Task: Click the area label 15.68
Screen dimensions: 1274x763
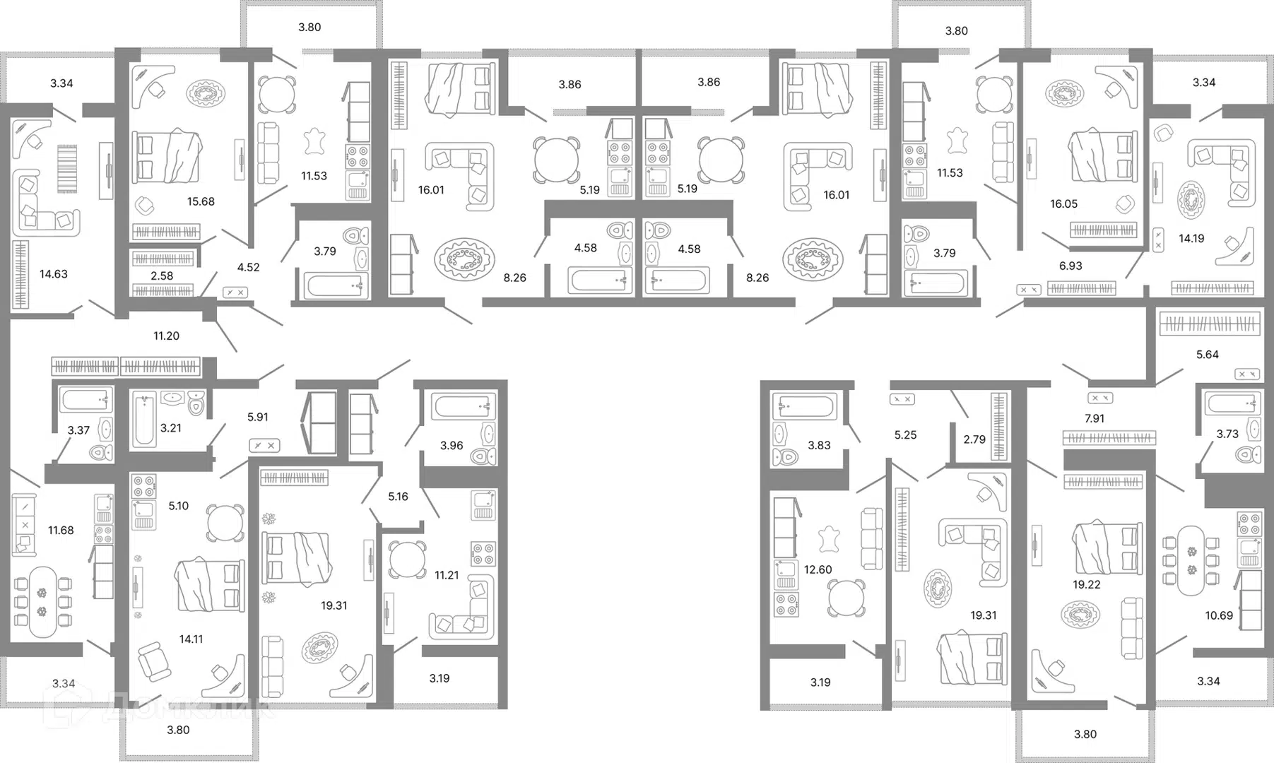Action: coord(201,201)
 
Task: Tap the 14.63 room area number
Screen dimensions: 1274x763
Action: coord(54,274)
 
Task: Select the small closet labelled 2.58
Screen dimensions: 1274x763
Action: coord(162,276)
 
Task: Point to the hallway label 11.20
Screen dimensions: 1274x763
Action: coord(167,336)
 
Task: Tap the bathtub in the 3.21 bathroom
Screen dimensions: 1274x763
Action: coord(144,420)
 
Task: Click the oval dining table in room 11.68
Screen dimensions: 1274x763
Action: coord(42,602)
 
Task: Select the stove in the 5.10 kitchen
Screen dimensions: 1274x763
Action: coord(144,486)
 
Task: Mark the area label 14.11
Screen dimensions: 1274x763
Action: coord(191,639)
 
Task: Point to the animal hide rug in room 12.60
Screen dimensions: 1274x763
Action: coord(829,539)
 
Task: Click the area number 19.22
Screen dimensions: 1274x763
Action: coord(1086,584)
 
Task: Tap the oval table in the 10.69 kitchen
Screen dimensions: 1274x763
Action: coord(1191,560)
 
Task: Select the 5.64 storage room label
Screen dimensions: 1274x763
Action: coord(1207,355)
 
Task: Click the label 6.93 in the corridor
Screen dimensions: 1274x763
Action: coord(1070,266)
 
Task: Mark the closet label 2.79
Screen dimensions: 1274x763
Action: coord(974,439)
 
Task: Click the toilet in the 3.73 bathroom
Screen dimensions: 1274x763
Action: coord(1249,454)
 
